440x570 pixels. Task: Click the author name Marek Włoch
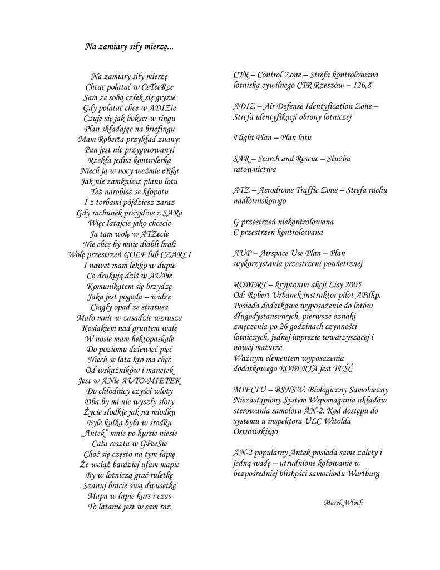coord(343,502)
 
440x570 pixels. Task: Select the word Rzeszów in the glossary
coord(327,85)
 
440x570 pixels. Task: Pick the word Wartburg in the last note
coord(363,474)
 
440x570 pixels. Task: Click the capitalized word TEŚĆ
coord(343,368)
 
